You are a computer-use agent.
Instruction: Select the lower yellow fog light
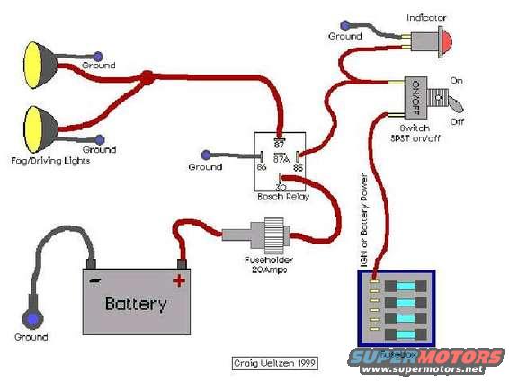pyautogui.click(x=40, y=127)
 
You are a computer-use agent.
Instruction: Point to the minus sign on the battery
pyautogui.click(x=94, y=279)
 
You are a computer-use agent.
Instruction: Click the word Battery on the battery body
pyautogui.click(x=136, y=304)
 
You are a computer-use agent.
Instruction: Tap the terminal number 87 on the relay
pyautogui.click(x=280, y=141)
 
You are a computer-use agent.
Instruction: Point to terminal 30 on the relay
pyautogui.click(x=280, y=185)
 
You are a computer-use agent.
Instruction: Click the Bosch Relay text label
pyautogui.click(x=280, y=197)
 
